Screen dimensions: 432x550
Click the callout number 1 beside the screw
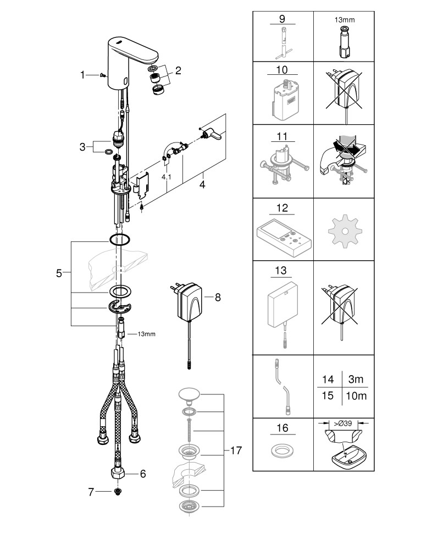(83, 75)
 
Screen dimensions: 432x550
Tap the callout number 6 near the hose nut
(143, 474)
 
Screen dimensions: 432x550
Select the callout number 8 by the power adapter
(218, 297)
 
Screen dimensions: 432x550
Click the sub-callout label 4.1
(166, 177)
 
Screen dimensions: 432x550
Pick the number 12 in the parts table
(283, 208)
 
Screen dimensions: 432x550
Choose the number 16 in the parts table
(283, 428)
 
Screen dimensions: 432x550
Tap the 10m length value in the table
(356, 396)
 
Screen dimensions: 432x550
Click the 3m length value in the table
(356, 379)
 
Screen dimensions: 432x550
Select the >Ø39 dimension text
(343, 424)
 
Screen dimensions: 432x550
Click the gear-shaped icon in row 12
(345, 231)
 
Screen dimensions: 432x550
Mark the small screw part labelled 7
(118, 492)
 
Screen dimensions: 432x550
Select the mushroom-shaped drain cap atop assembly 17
(190, 394)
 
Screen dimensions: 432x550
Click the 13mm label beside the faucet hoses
(146, 334)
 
